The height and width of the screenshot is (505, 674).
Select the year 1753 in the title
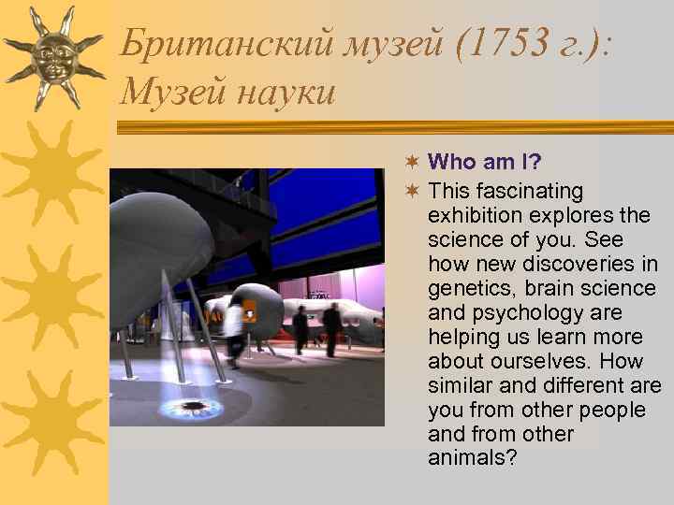pos(496,43)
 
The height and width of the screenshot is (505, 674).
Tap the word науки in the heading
pos(286,93)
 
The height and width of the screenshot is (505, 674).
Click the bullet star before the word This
pos(412,192)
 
